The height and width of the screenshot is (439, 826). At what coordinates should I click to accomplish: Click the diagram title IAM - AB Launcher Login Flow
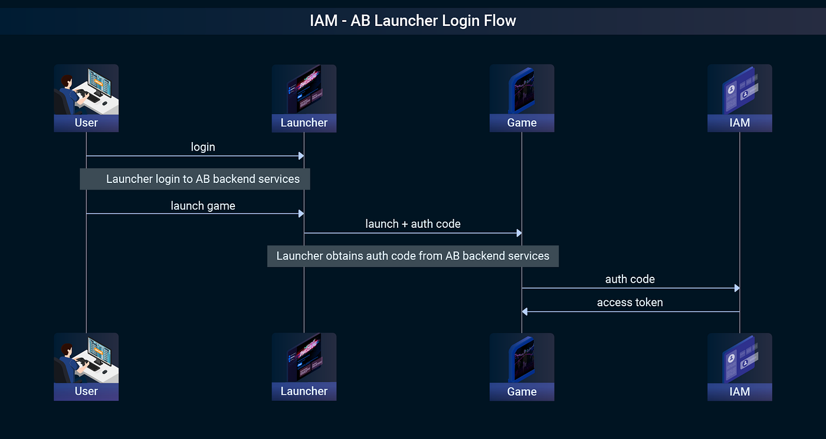pos(412,21)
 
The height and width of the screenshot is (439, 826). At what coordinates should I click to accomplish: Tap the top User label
pos(86,123)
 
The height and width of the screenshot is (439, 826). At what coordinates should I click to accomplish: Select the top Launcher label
pos(304,123)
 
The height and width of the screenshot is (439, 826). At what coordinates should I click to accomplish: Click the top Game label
pos(522,123)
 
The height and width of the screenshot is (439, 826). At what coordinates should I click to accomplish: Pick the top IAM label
pos(739,123)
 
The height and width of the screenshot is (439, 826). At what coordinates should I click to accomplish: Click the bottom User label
pos(86,391)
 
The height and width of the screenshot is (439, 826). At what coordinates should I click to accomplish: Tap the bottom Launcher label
pos(304,391)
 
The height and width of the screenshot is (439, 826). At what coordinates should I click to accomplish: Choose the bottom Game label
pos(522,391)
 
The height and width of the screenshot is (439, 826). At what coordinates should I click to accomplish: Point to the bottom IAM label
pos(739,391)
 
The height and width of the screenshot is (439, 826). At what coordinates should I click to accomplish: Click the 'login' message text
pos(203,147)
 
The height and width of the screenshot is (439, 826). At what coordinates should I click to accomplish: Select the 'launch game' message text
pos(203,206)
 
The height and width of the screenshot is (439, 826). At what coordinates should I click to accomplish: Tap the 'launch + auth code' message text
pos(413,224)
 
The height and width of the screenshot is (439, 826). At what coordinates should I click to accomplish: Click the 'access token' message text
pos(630,303)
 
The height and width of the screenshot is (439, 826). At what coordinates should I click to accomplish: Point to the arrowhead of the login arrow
pos(301,156)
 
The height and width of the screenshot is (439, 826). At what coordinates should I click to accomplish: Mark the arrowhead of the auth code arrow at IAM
pos(736,288)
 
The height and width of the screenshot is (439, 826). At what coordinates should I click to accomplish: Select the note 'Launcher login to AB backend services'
pos(195,179)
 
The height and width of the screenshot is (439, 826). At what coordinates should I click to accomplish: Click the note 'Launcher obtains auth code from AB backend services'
pos(412,256)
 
